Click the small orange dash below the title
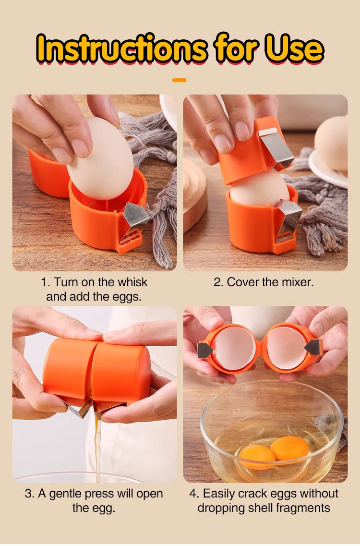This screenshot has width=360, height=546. point(180,80)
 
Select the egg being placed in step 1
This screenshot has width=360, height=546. point(100,158)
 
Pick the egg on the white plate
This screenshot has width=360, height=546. point(331,143)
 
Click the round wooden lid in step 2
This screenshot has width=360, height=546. point(194,195)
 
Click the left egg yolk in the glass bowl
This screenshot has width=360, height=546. point(257,457)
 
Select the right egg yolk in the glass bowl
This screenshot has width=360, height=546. point(290,448)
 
